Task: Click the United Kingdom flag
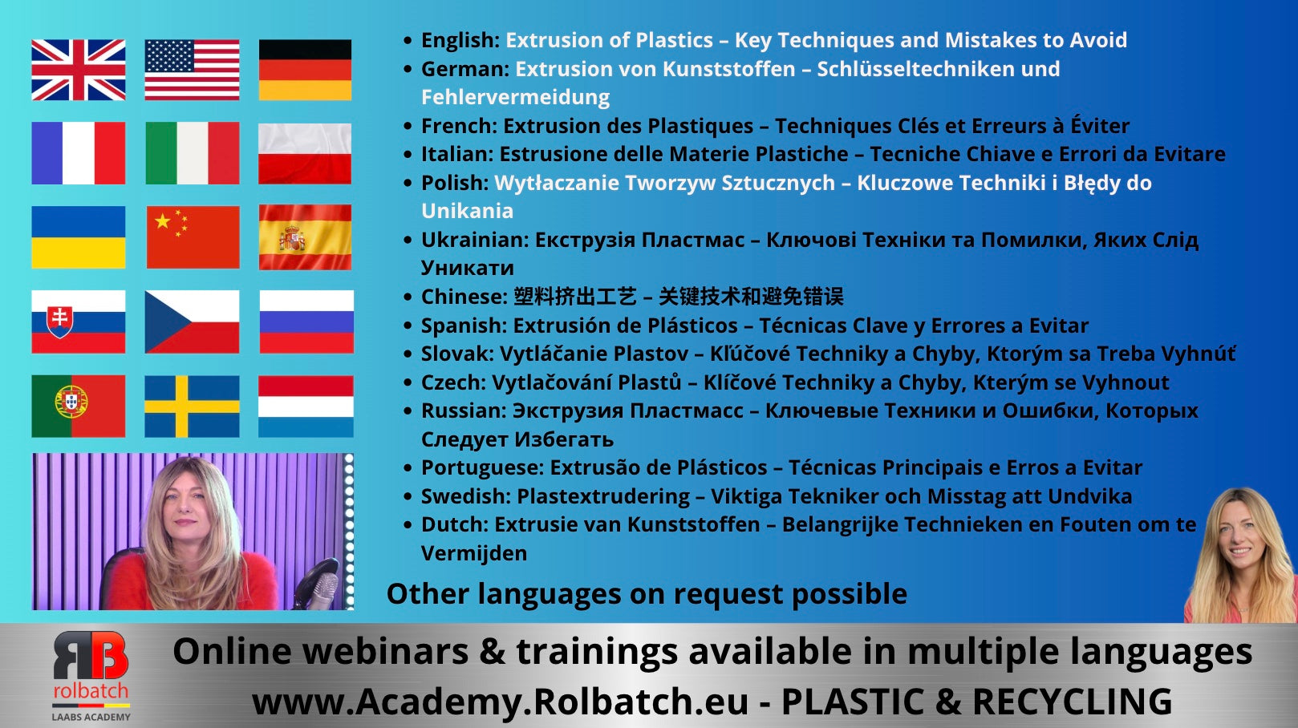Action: (x=79, y=70)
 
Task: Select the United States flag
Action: (x=192, y=70)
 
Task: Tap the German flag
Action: (x=305, y=70)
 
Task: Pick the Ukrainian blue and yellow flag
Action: (x=79, y=237)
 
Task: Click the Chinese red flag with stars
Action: (x=193, y=237)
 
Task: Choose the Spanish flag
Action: (x=305, y=237)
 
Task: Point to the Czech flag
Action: (x=192, y=322)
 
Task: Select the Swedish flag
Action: (x=192, y=406)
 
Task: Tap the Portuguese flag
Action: (x=79, y=406)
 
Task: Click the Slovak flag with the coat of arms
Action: (x=79, y=322)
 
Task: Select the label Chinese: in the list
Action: (x=464, y=297)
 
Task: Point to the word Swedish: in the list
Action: (x=466, y=496)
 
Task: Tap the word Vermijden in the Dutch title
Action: (x=474, y=553)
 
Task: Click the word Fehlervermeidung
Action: (x=516, y=97)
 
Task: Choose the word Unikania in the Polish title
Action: (x=467, y=211)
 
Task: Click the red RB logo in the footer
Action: (x=91, y=655)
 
